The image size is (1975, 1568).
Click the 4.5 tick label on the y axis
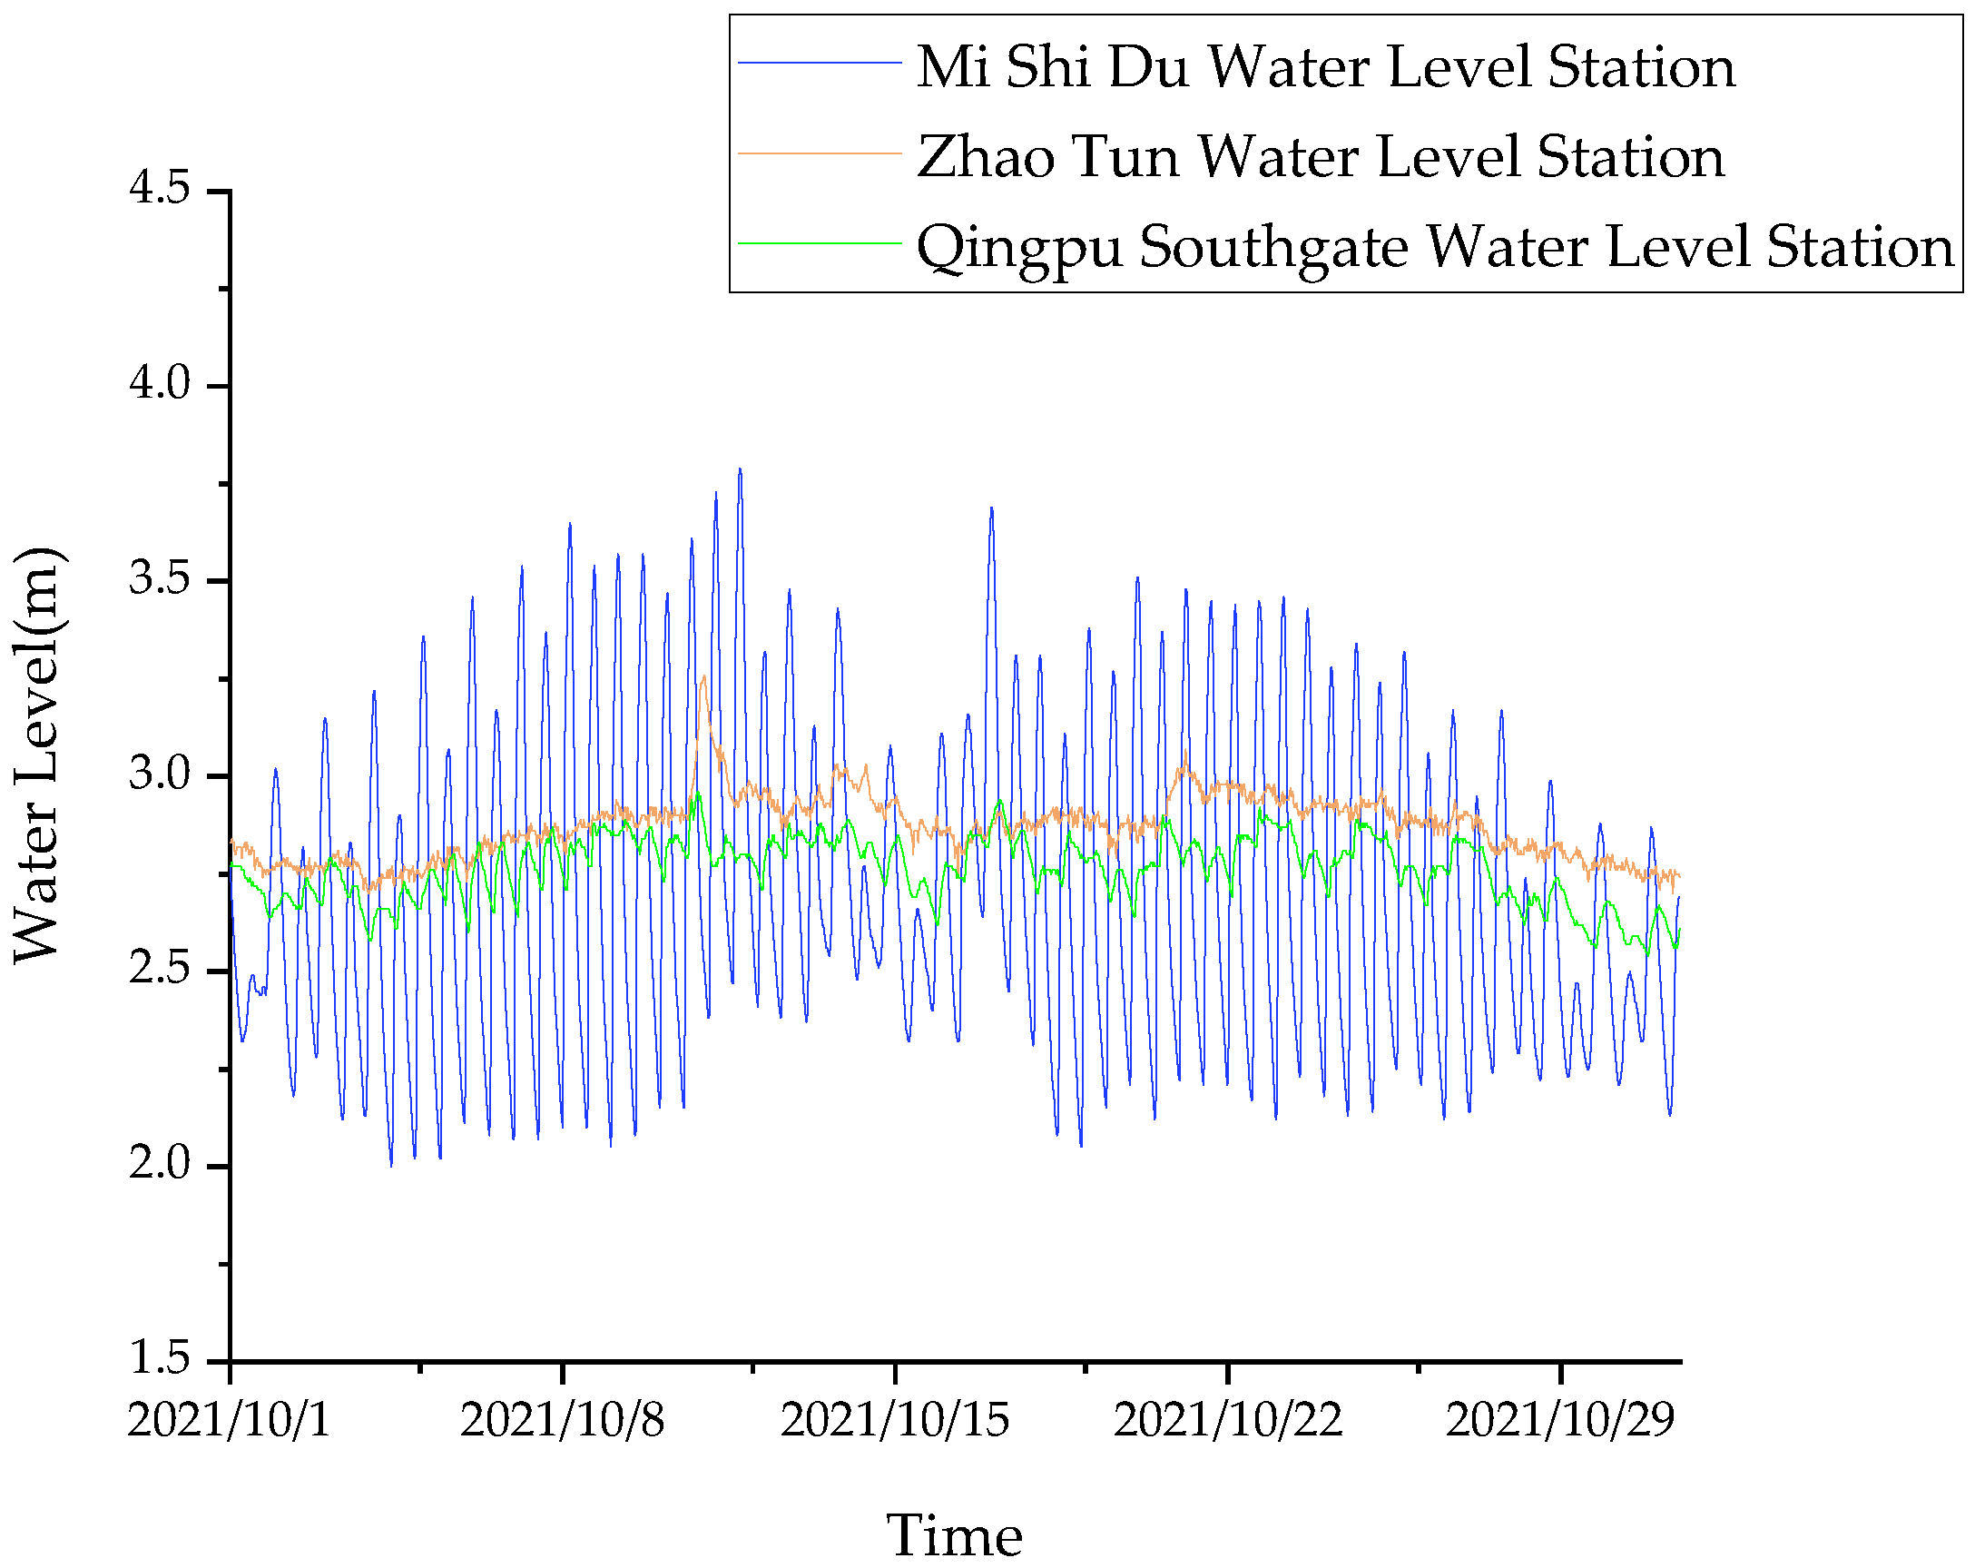click(159, 190)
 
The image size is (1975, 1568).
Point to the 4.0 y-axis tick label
click(159, 384)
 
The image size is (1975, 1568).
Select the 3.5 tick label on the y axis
click(159, 579)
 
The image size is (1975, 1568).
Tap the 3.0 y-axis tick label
click(159, 774)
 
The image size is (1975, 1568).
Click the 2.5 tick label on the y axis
click(159, 970)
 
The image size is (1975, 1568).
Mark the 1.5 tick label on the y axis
click(159, 1358)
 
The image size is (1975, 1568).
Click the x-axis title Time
click(954, 1536)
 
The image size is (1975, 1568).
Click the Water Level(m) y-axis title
click(36, 755)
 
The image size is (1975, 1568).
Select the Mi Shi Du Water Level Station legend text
click(1325, 67)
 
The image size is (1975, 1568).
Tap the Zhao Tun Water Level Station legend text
click(1320, 157)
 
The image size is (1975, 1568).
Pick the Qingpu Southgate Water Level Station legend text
click(1435, 248)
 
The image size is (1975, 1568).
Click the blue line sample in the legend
click(820, 63)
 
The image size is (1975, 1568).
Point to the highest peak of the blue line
click(740, 470)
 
